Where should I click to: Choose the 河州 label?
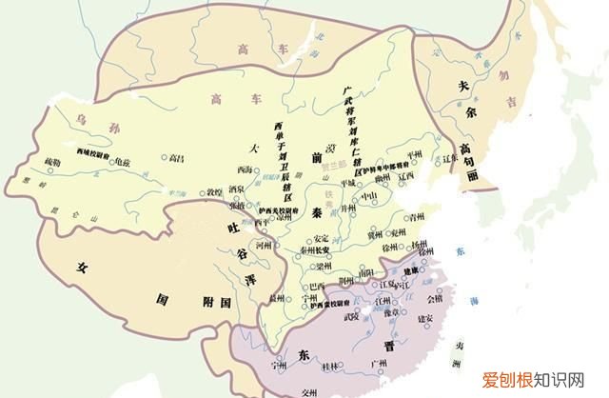tap(250, 244)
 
